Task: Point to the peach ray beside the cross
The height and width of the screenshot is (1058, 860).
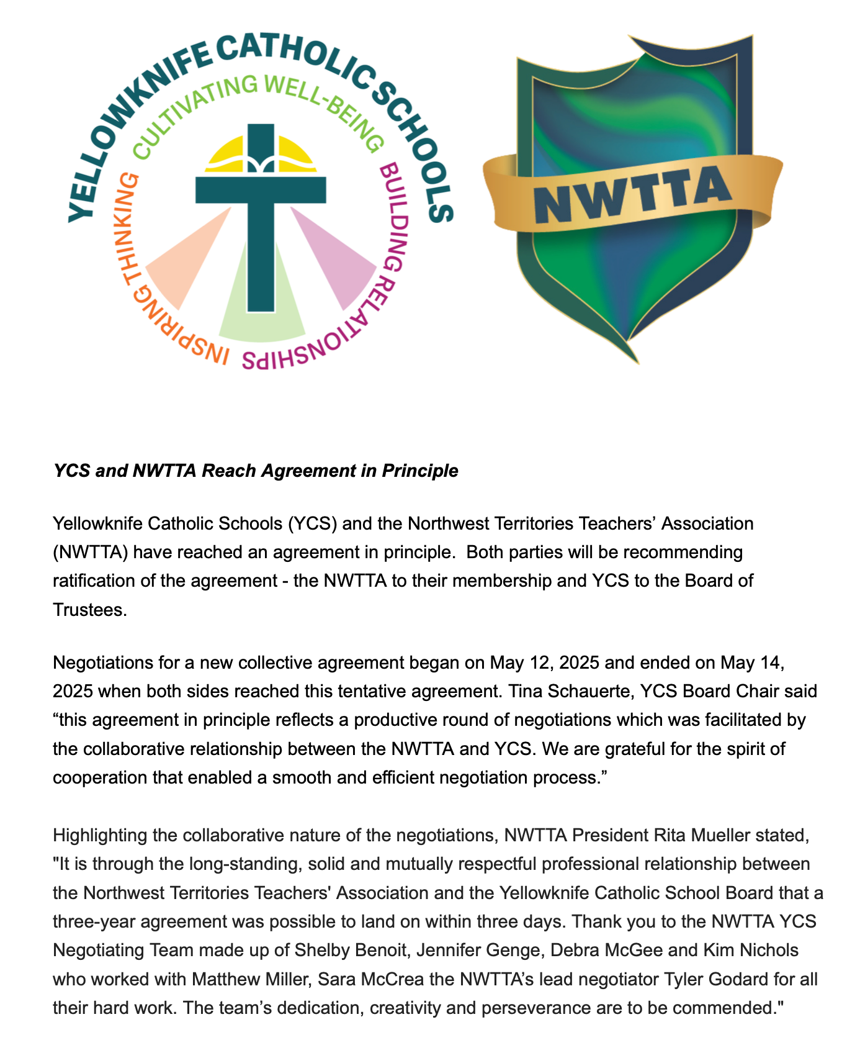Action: point(186,261)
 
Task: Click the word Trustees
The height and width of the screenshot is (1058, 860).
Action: point(90,610)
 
